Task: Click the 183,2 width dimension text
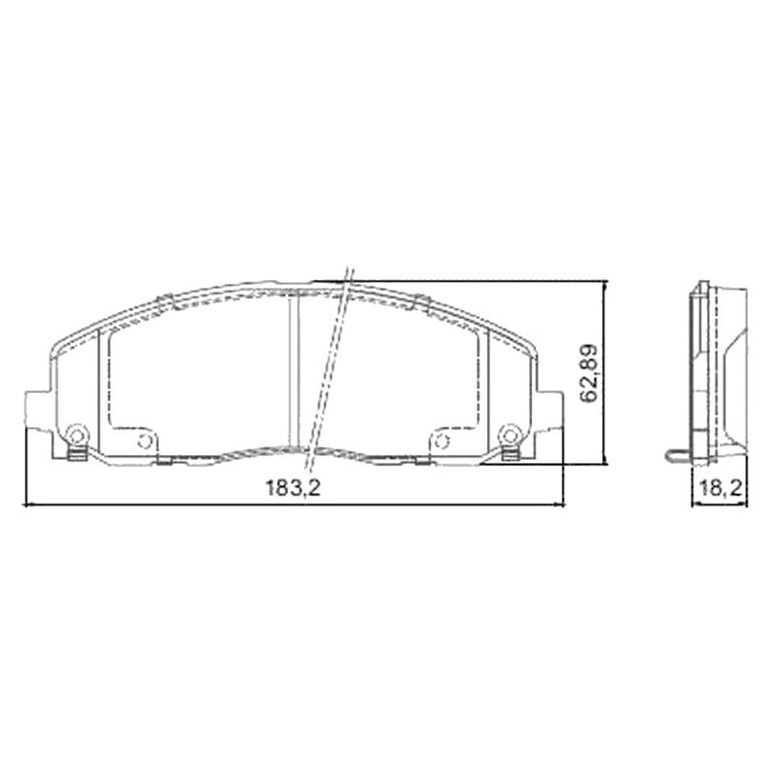tap(294, 488)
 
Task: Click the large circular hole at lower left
tap(77, 436)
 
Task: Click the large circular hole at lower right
tap(510, 435)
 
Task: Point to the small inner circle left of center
tap(145, 441)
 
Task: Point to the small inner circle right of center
tap(442, 441)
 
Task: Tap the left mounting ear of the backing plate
tap(38, 409)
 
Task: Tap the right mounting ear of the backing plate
tap(549, 409)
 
